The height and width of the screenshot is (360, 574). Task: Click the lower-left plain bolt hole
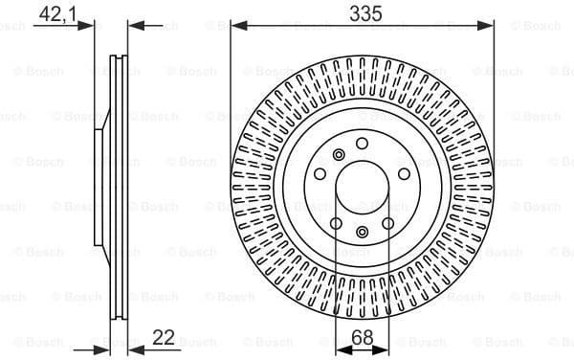click(336, 225)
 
